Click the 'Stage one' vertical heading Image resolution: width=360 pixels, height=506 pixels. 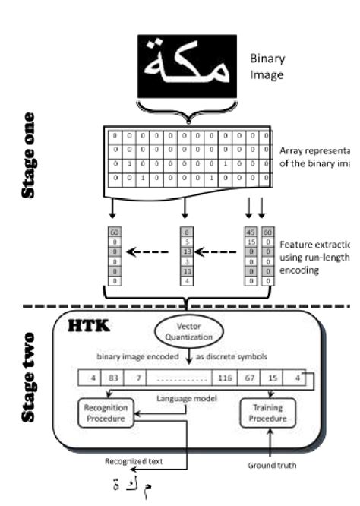click(x=28, y=155)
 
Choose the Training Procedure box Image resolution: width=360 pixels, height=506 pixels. click(x=267, y=414)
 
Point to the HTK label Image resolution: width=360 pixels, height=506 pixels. click(x=90, y=326)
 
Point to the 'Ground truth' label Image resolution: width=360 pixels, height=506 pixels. click(x=270, y=465)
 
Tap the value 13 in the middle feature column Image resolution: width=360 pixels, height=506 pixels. click(x=187, y=251)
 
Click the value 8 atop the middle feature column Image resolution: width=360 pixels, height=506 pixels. click(x=187, y=232)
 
